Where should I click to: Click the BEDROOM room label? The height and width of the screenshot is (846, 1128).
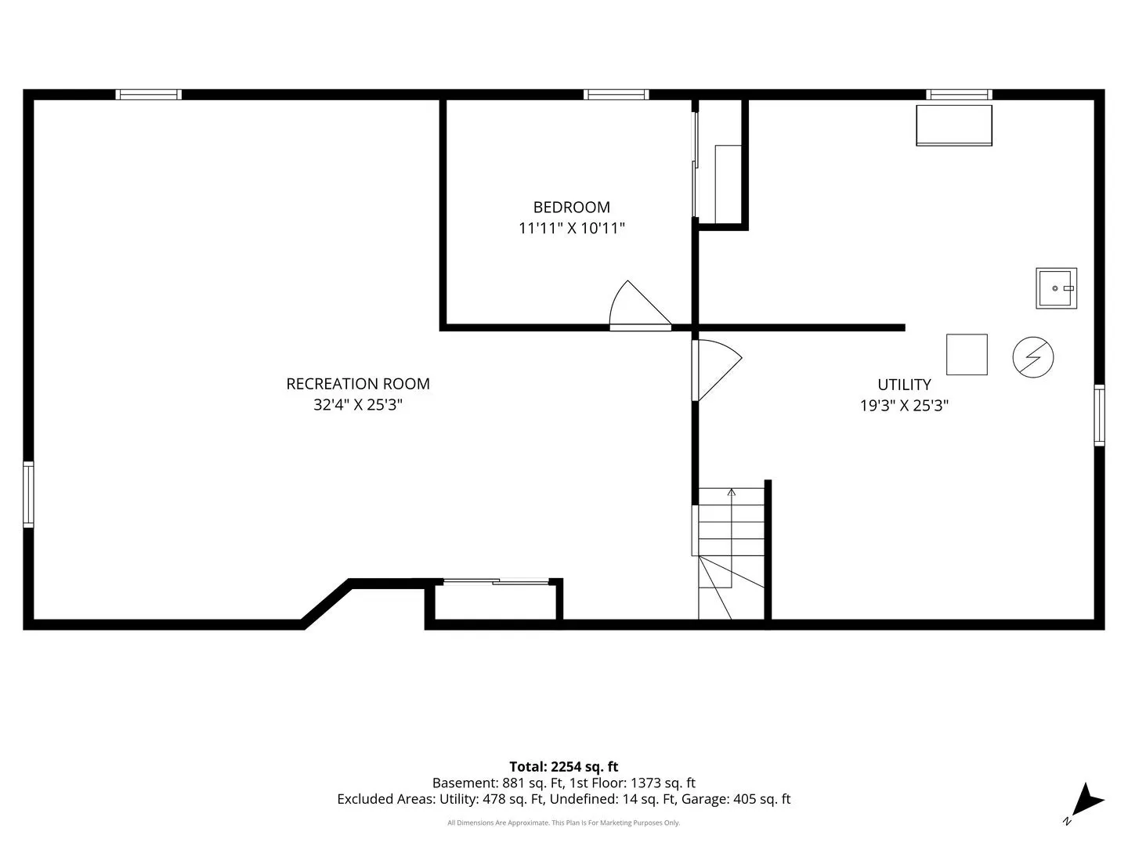click(572, 207)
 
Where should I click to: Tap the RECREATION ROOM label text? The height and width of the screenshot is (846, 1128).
click(358, 384)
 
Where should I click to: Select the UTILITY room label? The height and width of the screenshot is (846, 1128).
click(904, 384)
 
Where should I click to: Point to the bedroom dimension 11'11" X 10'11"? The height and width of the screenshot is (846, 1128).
click(572, 227)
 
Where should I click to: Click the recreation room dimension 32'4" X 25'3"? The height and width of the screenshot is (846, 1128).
click(358, 405)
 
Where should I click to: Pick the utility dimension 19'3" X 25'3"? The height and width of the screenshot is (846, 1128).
click(904, 405)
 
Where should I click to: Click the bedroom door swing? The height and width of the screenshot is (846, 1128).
click(640, 304)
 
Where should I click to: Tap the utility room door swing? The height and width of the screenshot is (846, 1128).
click(717, 370)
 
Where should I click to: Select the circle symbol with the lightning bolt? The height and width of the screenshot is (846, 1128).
click(1033, 357)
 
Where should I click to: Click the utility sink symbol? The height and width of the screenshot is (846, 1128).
click(1056, 288)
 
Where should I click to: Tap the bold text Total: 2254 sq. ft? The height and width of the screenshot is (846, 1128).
click(564, 767)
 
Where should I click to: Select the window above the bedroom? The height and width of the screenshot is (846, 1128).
click(616, 95)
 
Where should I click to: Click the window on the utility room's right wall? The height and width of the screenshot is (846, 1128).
click(1099, 415)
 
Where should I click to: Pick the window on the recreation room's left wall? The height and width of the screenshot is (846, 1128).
click(28, 494)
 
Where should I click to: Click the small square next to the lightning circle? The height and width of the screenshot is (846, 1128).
click(967, 354)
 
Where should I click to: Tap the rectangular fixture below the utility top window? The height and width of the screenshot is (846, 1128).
click(954, 125)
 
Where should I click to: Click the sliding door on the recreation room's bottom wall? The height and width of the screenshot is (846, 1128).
click(496, 581)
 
